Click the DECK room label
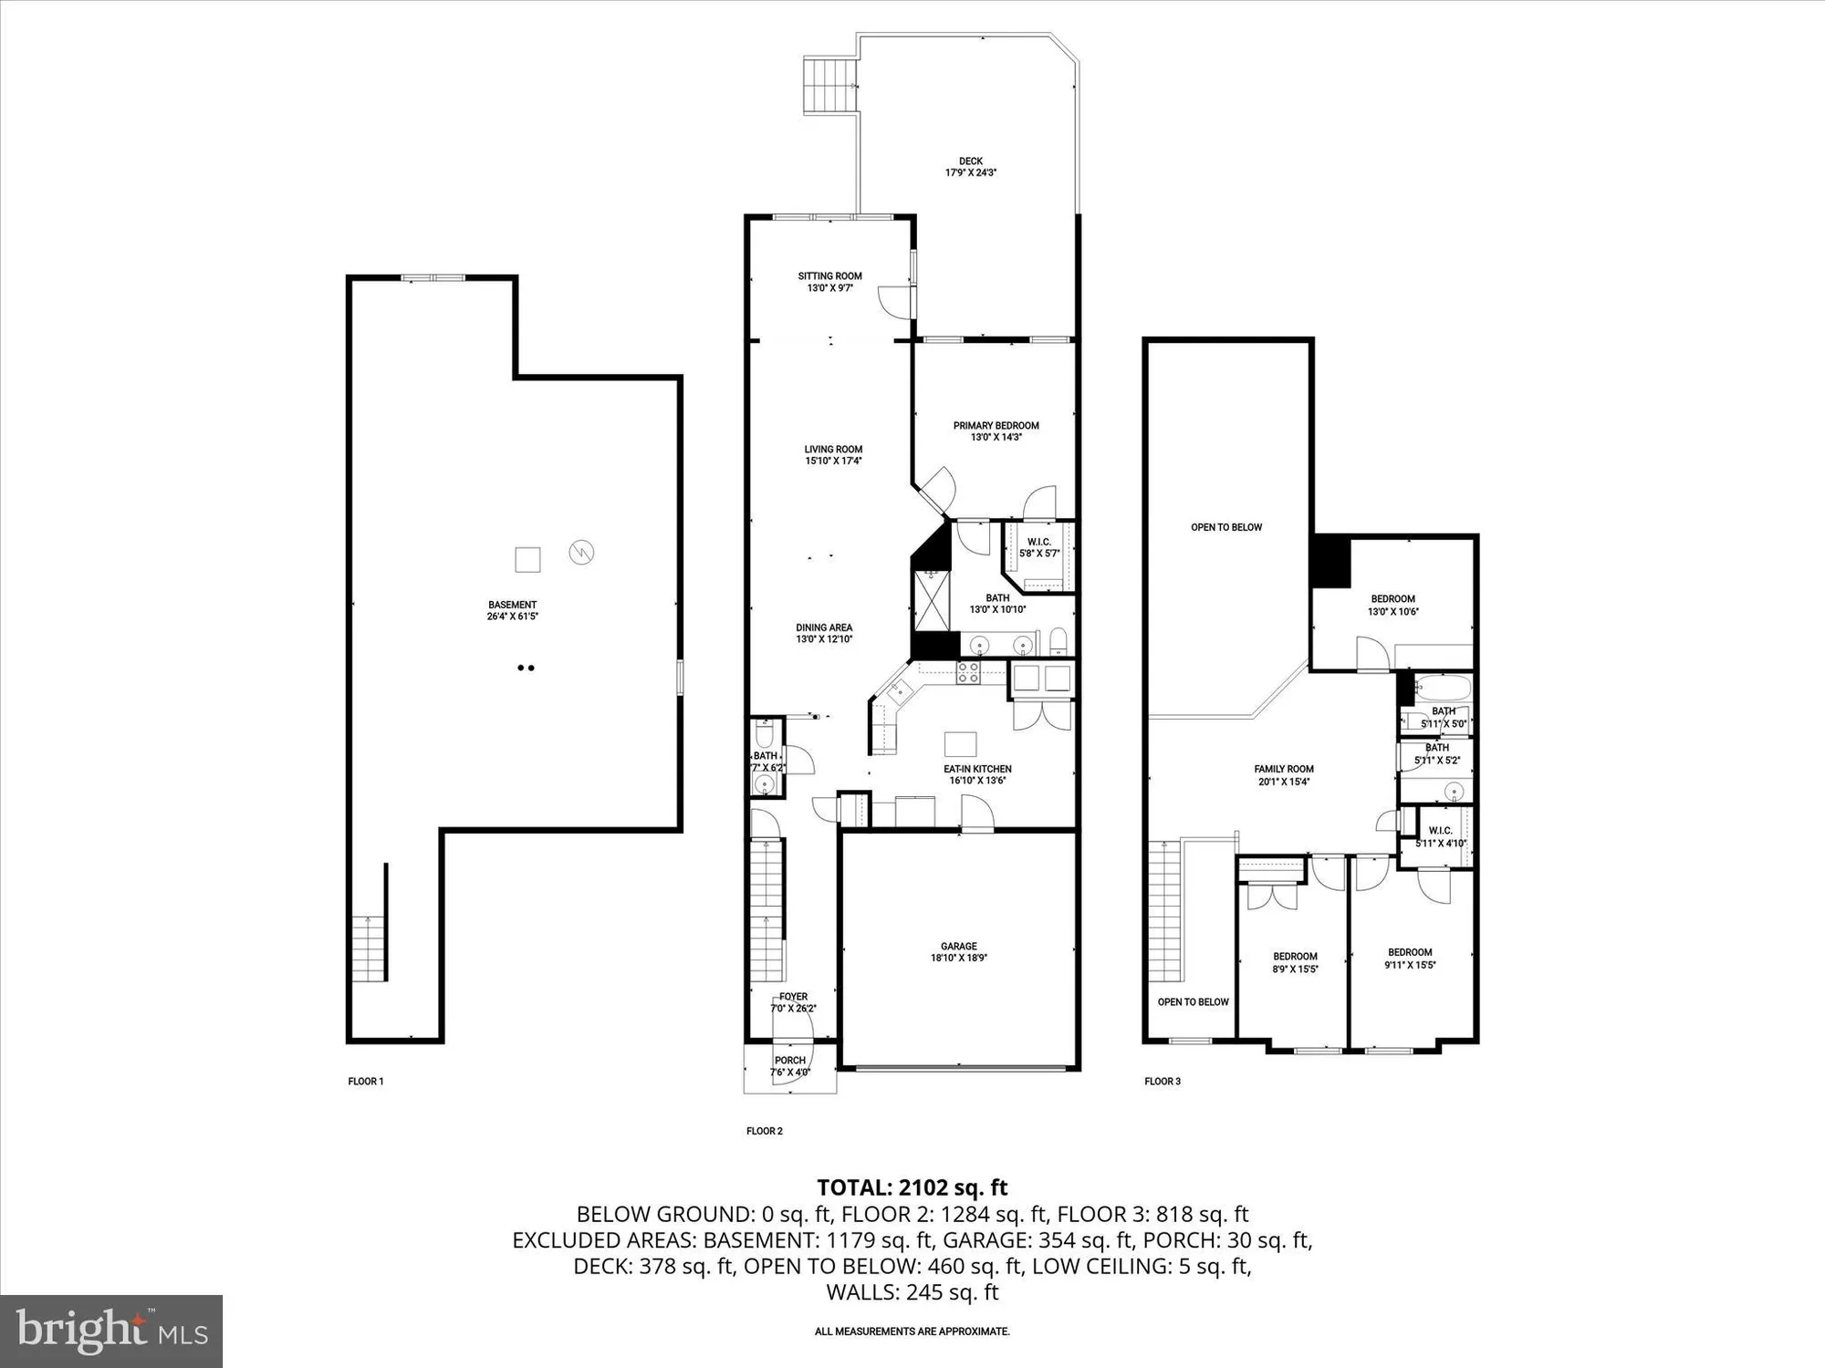(970, 161)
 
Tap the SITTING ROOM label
(829, 276)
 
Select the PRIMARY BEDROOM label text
(996, 426)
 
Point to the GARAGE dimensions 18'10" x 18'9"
(958, 958)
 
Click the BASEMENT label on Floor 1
(512, 605)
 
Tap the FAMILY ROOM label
(1284, 769)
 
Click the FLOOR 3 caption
(1163, 1082)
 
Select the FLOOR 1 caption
(366, 1082)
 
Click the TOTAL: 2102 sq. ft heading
(912, 1187)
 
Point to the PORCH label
(790, 1061)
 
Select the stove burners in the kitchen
(967, 673)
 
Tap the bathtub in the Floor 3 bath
(1443, 687)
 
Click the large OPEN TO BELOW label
(1226, 527)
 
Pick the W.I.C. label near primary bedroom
(1038, 542)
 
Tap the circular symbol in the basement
(581, 552)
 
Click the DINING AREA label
(824, 627)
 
